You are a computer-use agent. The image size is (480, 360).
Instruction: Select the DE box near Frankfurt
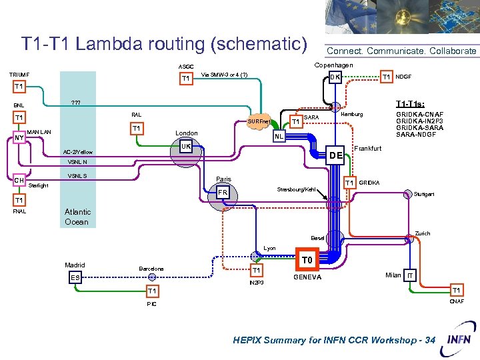coord(335,155)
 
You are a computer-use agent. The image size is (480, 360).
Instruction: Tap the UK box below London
coord(187,145)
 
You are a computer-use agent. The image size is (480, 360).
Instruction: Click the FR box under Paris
coord(223,193)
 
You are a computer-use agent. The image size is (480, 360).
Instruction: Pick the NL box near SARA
coord(279,137)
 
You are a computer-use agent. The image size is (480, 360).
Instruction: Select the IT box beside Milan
coord(411,276)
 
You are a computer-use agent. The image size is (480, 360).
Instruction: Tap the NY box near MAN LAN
coord(19,138)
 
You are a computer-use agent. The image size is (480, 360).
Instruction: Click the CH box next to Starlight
coord(19,179)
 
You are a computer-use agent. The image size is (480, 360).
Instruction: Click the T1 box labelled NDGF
coord(386,77)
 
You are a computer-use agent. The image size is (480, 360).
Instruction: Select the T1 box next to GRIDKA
coord(349,183)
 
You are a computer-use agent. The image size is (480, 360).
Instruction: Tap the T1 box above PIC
coord(152,291)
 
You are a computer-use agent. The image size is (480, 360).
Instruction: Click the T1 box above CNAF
coord(456,291)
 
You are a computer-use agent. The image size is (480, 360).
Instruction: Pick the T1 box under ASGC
coord(186,79)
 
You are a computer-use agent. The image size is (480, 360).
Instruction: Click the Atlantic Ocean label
coord(77,217)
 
